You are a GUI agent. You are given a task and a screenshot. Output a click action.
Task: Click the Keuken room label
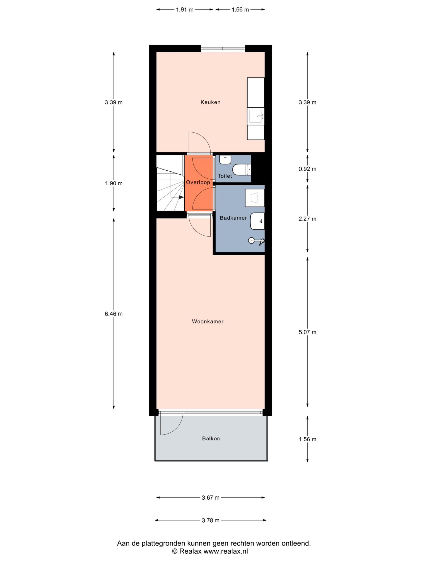pos(210,102)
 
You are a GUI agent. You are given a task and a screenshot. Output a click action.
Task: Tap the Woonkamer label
pos(208,321)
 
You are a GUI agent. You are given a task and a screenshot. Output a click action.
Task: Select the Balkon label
pos(211,438)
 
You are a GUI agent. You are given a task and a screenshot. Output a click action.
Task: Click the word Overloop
pos(198,182)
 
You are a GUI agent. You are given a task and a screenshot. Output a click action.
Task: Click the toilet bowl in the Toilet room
pos(241,170)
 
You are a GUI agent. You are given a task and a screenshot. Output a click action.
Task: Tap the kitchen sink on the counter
pos(256,116)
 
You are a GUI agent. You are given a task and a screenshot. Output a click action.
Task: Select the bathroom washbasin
pos(257,221)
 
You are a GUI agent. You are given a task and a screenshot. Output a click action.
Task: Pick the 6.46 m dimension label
pos(114,314)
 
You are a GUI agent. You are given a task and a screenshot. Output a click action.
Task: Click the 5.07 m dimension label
pos(307,332)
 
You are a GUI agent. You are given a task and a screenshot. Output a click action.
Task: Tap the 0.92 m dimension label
pos(307,169)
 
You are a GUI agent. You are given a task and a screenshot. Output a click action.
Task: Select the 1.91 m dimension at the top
pos(185,10)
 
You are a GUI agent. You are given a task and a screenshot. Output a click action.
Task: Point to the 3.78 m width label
pos(210,520)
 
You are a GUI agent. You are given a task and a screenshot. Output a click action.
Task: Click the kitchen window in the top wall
pos(223,48)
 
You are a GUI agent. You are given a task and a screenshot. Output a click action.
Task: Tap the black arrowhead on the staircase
pos(181,197)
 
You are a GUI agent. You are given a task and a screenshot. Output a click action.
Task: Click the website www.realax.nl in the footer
pos(226,551)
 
